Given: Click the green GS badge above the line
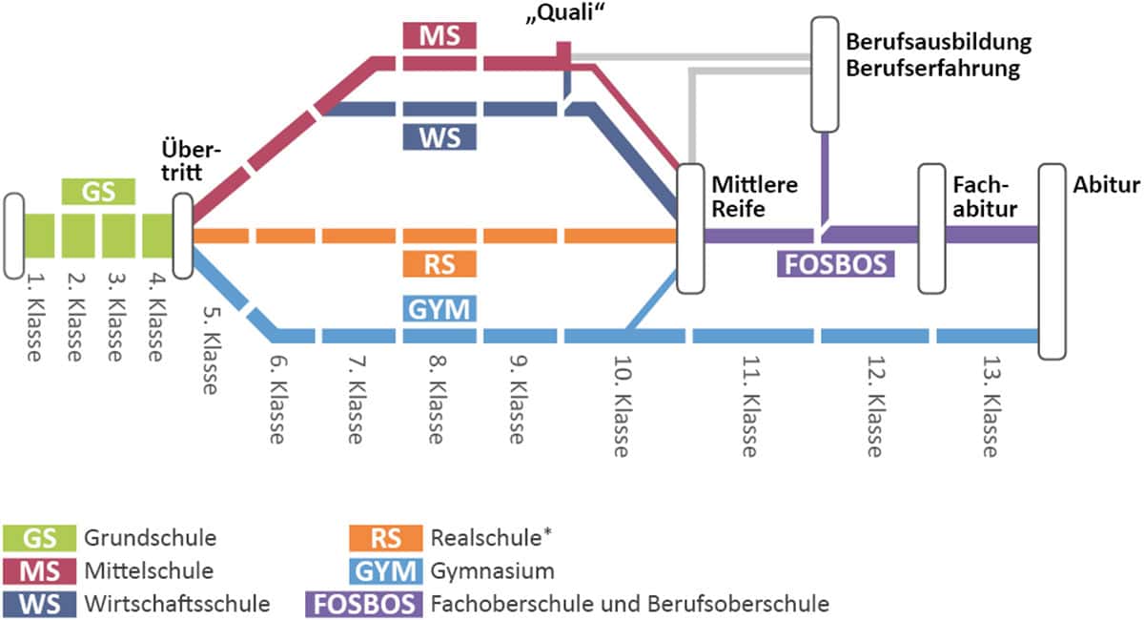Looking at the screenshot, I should coord(98,193).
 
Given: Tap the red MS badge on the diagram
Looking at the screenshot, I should coord(439,36).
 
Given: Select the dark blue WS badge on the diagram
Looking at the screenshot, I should coord(439,136).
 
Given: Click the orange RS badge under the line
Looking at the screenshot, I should coord(439,264).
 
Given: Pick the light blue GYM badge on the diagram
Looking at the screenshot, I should coord(439,308).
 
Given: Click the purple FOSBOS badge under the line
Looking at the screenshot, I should coord(837,263).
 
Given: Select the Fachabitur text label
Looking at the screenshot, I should coord(982,196).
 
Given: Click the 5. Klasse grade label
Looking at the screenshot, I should coord(212,348).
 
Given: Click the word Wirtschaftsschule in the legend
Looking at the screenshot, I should coord(177,604).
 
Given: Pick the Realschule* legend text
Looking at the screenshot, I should coord(492,538).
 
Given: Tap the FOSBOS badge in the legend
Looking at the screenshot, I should coord(361,604).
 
